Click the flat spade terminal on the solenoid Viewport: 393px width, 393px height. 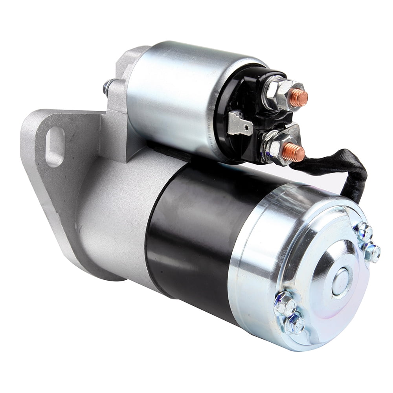239,124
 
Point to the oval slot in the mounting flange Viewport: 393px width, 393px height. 55,146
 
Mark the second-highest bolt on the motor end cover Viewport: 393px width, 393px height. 371,252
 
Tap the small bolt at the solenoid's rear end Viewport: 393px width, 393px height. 107,87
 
